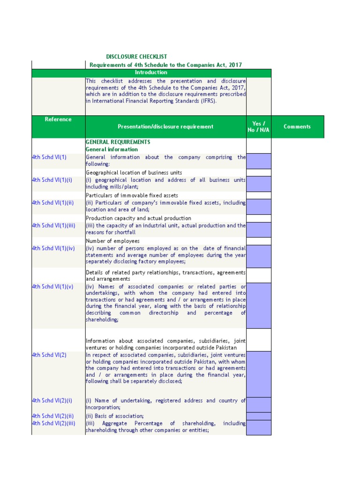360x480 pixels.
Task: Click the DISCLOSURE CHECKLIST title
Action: click(136, 57)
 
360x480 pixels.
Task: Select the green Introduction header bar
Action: click(151, 73)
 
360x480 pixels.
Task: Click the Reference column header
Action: click(58, 120)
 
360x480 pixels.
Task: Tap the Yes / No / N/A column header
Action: click(258, 127)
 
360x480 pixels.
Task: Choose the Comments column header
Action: click(297, 127)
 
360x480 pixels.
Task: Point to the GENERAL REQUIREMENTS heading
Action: click(118, 142)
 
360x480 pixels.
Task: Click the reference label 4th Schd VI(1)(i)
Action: click(52, 180)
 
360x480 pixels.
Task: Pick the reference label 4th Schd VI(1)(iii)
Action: click(53, 225)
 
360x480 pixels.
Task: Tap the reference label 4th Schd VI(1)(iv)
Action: click(53, 248)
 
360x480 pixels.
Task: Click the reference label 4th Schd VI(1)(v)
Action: click(52, 286)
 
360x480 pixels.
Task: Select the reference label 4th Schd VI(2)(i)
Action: click(52, 401)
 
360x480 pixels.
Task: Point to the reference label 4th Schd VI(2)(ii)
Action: click(52, 416)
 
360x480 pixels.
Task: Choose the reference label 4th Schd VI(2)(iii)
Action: click(53, 423)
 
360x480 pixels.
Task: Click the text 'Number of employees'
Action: click(112, 241)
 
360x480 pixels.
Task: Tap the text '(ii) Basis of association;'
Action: click(115, 416)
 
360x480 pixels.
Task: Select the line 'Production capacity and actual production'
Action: click(138, 218)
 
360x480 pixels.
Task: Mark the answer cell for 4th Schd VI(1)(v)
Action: click(258, 305)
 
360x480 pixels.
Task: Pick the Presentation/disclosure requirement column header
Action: click(165, 127)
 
